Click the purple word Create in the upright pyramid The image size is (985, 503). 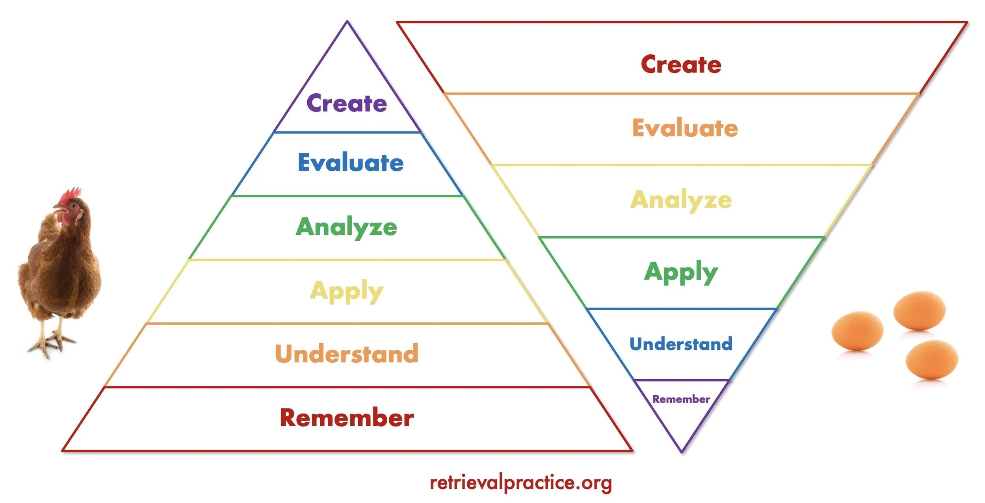click(x=347, y=103)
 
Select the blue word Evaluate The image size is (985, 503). click(x=351, y=162)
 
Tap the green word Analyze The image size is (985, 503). click(x=346, y=227)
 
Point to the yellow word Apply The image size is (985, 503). click(x=346, y=291)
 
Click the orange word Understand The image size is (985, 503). click(x=347, y=353)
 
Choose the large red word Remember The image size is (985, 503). click(x=347, y=418)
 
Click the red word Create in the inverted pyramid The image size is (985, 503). click(x=681, y=65)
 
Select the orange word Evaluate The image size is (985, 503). click(x=685, y=128)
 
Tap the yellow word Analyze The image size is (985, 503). click(x=681, y=200)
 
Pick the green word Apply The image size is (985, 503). click(x=681, y=272)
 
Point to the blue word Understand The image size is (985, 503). click(x=681, y=344)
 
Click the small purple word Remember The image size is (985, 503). click(x=681, y=399)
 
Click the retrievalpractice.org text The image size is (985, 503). click(x=520, y=483)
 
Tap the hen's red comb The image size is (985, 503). click(x=70, y=195)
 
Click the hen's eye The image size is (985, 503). click(x=74, y=206)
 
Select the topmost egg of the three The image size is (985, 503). click(x=919, y=310)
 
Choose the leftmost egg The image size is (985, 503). click(x=857, y=330)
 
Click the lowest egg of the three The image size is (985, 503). click(x=931, y=360)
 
